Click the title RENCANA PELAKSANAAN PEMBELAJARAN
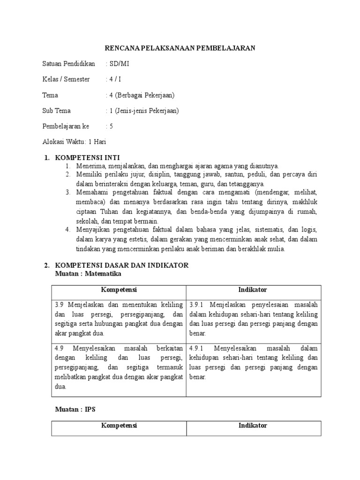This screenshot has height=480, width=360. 180,48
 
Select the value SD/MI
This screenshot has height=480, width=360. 114,64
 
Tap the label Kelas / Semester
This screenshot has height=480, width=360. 66,80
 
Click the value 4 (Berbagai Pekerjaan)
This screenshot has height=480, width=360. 140,95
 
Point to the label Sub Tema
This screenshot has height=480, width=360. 57,111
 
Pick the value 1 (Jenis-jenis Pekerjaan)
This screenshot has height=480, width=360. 142,111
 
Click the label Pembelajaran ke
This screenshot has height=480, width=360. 66,126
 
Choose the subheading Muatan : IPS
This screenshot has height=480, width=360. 75,409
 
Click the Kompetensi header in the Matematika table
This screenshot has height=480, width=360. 119,290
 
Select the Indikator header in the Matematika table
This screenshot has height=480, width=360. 253,290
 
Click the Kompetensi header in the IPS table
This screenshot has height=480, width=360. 119,426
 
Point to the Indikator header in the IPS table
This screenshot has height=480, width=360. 253,426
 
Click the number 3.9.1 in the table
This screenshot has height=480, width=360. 198,305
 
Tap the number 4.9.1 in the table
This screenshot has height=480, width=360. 198,348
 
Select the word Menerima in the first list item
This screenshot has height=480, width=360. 89,166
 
